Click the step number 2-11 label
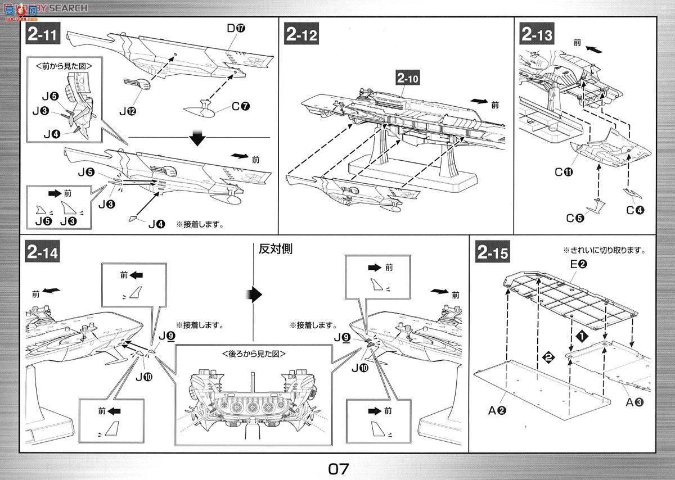(42, 35)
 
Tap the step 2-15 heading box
(493, 252)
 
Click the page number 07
(337, 468)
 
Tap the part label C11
(564, 173)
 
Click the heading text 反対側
(276, 249)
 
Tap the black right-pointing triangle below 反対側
(255, 293)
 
